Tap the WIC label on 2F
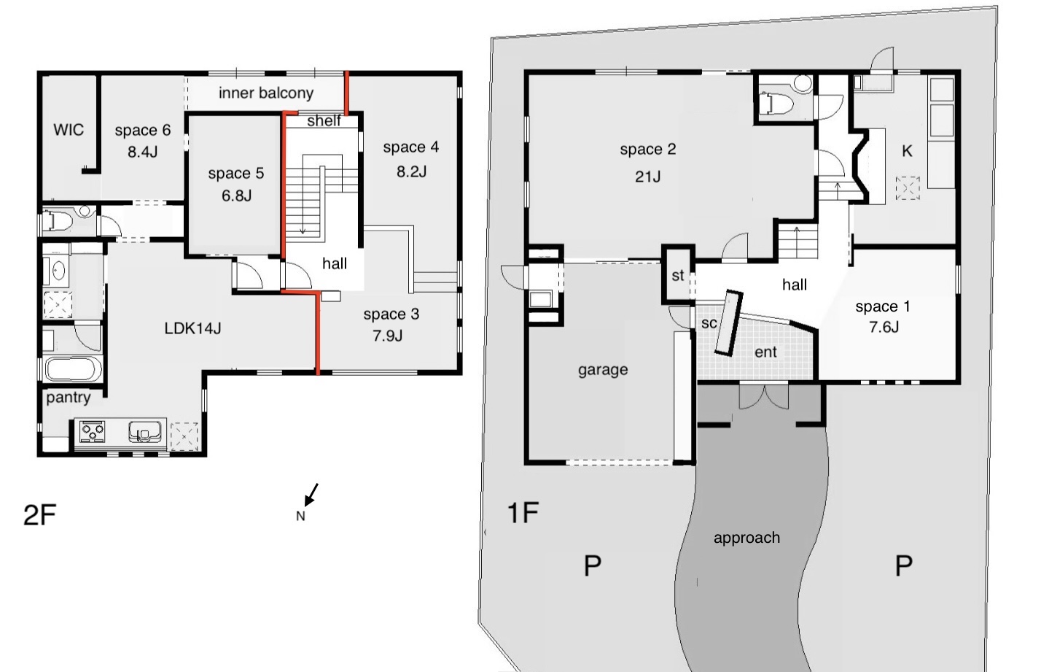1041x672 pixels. point(69,130)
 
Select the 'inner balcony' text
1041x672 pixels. point(266,93)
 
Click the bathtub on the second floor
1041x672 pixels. point(72,369)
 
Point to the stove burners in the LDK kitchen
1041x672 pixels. point(92,431)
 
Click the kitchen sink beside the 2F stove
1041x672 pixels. point(145,431)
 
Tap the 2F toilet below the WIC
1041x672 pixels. point(57,220)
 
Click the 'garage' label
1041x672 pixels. point(603,370)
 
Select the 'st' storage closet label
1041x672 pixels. point(678,275)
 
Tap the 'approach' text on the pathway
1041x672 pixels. point(746,538)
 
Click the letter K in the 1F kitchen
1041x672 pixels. point(907,151)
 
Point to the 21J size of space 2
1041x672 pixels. point(648,177)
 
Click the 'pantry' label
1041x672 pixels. point(69,398)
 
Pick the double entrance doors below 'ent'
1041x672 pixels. point(763,396)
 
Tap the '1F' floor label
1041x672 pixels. point(523,512)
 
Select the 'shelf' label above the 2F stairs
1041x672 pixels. point(324,121)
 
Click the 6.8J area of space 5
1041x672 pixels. point(236,196)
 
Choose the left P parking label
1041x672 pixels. point(592,566)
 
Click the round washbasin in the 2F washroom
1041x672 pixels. point(58,271)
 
